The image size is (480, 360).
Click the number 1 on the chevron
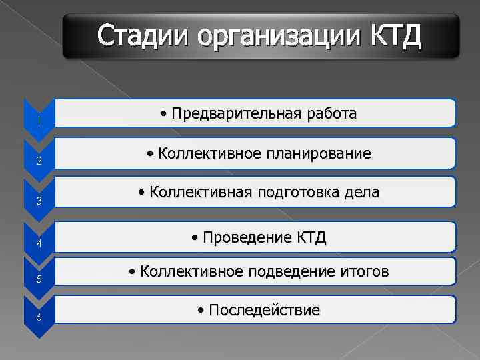tap(39, 120)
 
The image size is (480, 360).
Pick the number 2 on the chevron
tap(39, 161)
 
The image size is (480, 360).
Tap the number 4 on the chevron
tap(39, 243)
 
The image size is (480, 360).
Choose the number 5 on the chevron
tap(39, 279)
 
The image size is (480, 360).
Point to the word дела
tap(361, 193)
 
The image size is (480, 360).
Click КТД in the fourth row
tap(311, 237)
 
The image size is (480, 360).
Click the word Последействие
tap(264, 310)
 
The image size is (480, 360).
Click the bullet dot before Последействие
tap(202, 311)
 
